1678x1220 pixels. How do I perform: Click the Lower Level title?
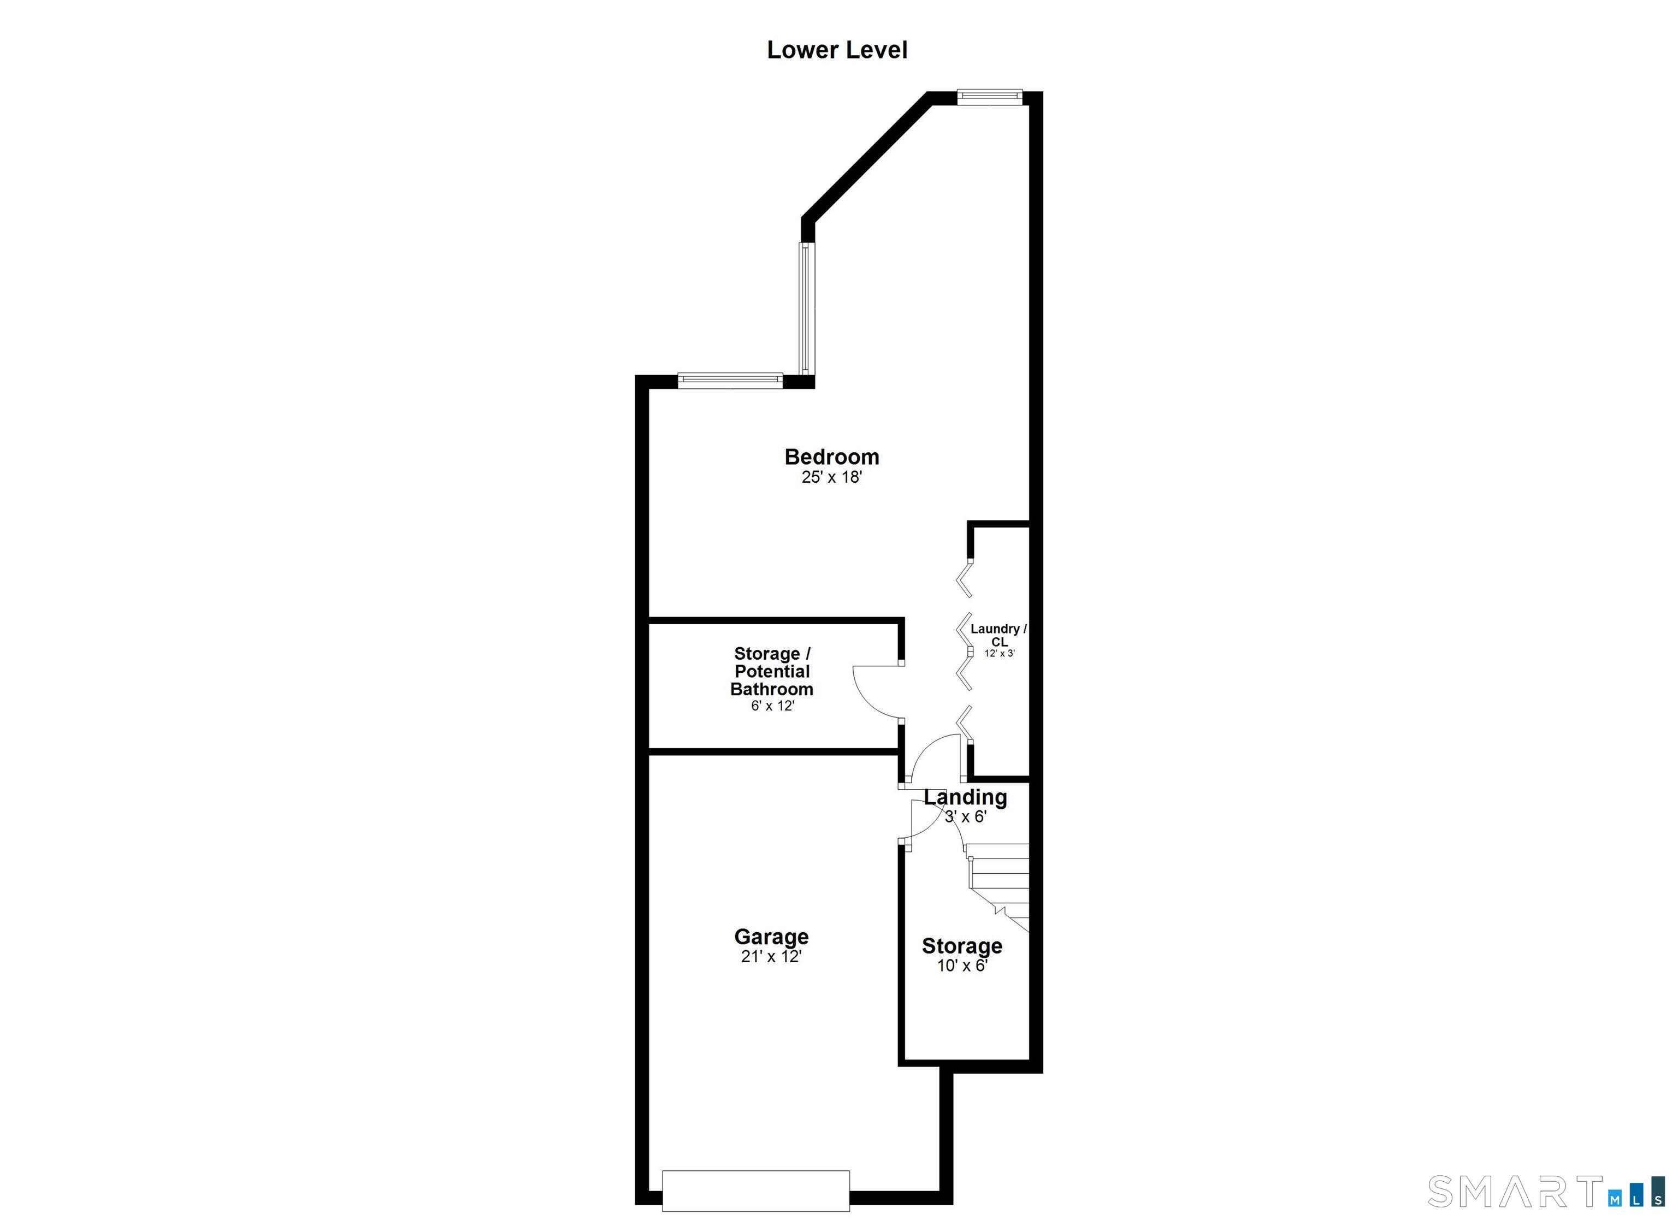click(837, 50)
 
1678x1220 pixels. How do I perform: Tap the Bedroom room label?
click(831, 457)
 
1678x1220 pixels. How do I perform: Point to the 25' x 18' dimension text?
click(831, 477)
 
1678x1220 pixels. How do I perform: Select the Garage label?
click(771, 937)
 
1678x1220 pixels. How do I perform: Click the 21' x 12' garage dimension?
click(771, 957)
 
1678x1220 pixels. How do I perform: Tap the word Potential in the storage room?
click(772, 671)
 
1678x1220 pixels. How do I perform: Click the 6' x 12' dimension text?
click(772, 706)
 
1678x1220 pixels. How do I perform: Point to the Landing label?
click(966, 797)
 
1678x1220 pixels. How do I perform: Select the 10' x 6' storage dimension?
click(962, 966)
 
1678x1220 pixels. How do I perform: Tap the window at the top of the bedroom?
click(989, 96)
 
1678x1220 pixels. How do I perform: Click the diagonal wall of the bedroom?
click(866, 160)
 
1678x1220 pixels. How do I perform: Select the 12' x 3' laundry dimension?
click(999, 653)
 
